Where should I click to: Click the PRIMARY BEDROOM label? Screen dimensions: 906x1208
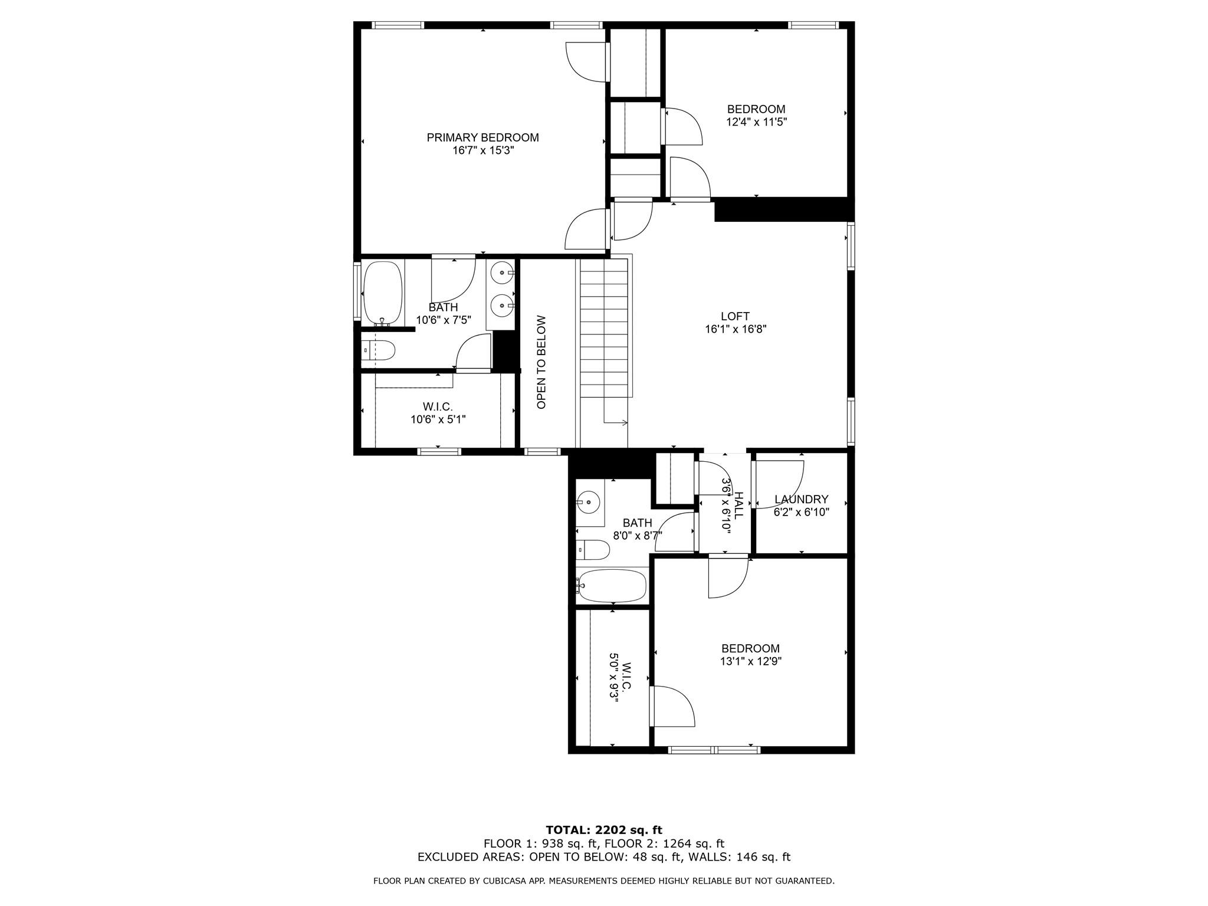(482, 137)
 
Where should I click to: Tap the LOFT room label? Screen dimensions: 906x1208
(735, 316)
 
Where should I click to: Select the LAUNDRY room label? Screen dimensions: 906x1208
(801, 499)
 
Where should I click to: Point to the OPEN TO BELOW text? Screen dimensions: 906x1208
(541, 362)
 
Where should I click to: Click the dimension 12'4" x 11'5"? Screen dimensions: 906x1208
(756, 122)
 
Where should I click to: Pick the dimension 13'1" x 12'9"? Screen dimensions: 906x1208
(750, 661)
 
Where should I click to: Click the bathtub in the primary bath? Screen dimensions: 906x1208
(383, 292)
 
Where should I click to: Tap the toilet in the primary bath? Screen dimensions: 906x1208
(378, 350)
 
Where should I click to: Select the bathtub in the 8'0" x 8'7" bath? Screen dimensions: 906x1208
(612, 585)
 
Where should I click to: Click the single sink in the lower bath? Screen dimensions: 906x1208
(589, 503)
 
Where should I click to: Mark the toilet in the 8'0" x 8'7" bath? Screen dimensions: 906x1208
(593, 550)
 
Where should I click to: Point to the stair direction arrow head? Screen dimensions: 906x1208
(625, 422)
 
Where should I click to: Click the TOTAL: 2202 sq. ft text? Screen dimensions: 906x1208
(603, 830)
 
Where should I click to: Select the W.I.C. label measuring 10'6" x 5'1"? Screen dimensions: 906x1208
(438, 406)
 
